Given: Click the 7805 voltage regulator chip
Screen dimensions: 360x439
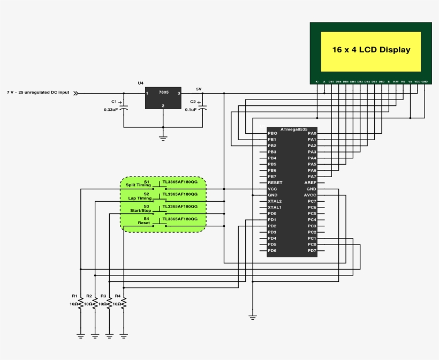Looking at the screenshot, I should click(163, 97).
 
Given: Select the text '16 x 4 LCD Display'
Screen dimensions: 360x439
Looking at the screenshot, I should click(371, 50).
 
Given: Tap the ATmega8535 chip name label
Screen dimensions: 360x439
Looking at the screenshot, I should click(294, 129).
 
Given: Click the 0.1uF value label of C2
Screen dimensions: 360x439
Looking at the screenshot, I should click(193, 110).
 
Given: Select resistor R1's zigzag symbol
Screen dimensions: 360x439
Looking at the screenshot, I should click(80, 303).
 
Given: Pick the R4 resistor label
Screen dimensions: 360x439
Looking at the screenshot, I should click(117, 296).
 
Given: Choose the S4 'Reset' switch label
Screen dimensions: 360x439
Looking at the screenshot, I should click(144, 223).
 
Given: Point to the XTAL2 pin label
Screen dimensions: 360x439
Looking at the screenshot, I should click(275, 201).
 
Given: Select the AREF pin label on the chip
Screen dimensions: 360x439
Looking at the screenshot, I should click(310, 183).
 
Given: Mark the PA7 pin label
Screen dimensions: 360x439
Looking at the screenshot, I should click(312, 177).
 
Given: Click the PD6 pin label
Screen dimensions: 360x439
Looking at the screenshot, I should click(272, 251).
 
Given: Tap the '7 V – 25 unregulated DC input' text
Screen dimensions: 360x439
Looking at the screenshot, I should click(38, 93).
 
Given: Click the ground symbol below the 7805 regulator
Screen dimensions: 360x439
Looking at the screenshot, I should click(163, 138).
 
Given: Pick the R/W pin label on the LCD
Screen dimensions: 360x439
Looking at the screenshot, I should click(396, 81).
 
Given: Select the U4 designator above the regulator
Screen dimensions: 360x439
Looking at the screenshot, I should click(141, 83).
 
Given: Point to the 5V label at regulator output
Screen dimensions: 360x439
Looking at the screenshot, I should click(199, 89).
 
